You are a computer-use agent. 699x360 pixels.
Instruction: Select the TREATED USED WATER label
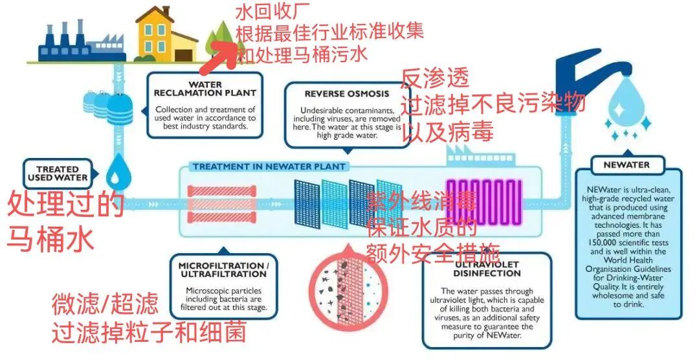58,174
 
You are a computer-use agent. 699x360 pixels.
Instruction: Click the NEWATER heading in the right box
626,164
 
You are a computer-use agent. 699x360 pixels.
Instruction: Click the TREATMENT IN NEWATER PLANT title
269,167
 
